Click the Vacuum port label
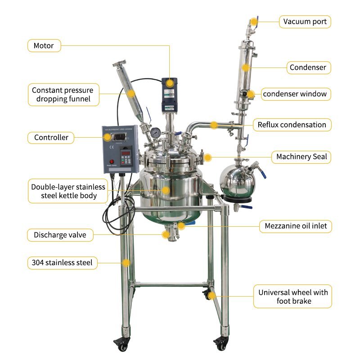click(x=305, y=22)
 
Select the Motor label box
click(x=44, y=46)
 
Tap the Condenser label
click(x=309, y=68)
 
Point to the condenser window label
click(x=296, y=94)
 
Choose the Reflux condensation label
click(x=292, y=125)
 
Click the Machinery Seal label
click(x=301, y=157)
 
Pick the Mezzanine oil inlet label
click(x=296, y=226)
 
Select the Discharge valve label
click(x=60, y=235)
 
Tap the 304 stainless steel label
click(x=62, y=263)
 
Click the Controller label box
click(x=51, y=138)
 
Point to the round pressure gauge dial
click(x=155, y=132)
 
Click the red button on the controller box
click(x=112, y=162)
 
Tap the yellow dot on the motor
click(x=170, y=83)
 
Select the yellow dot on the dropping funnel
click(x=131, y=94)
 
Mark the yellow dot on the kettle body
click(x=166, y=190)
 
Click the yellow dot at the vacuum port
click(x=253, y=22)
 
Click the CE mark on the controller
click(x=112, y=147)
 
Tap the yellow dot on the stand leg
click(x=126, y=263)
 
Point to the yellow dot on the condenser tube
click(x=246, y=68)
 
